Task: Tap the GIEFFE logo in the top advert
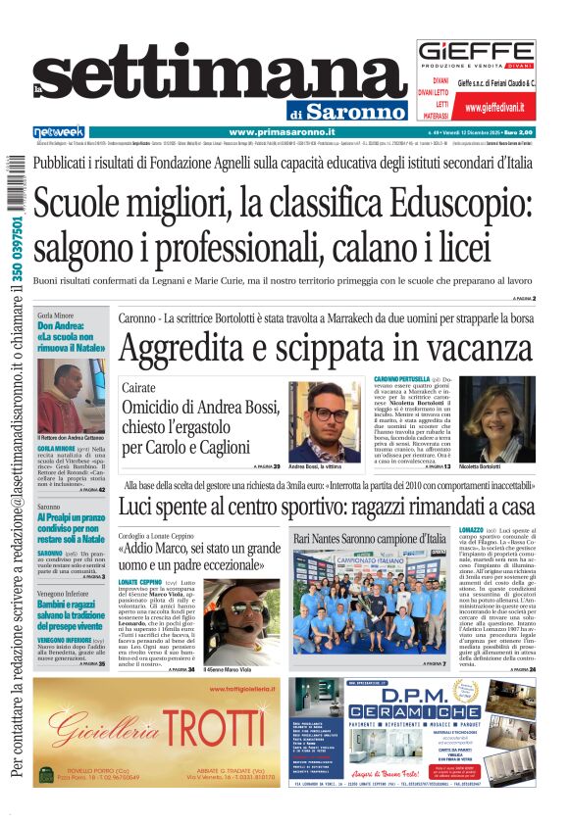476,55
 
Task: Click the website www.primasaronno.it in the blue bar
282,131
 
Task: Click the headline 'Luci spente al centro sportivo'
328,507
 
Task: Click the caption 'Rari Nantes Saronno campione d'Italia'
369,540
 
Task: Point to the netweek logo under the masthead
58,131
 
